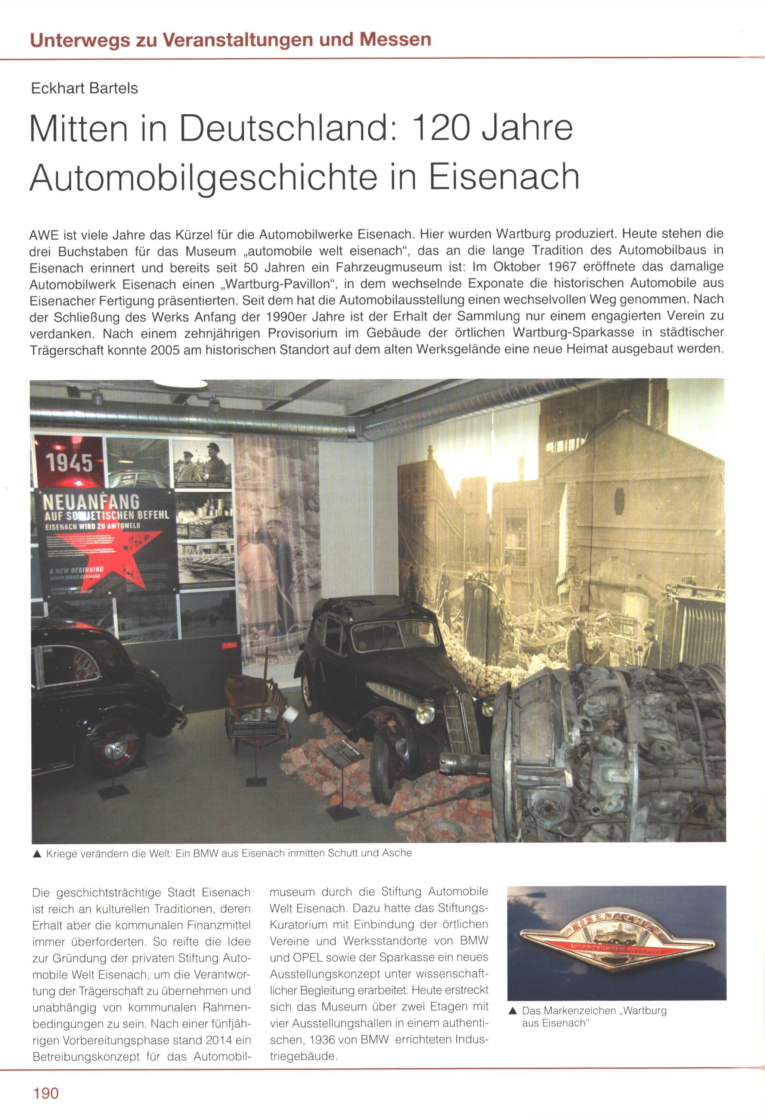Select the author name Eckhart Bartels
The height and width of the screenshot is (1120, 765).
pos(84,88)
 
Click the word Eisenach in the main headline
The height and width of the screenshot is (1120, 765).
pos(504,176)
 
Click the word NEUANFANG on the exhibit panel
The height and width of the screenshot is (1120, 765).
pos(91,502)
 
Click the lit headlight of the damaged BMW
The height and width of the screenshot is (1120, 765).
pos(425,712)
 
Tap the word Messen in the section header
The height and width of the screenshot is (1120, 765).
pos(395,39)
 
